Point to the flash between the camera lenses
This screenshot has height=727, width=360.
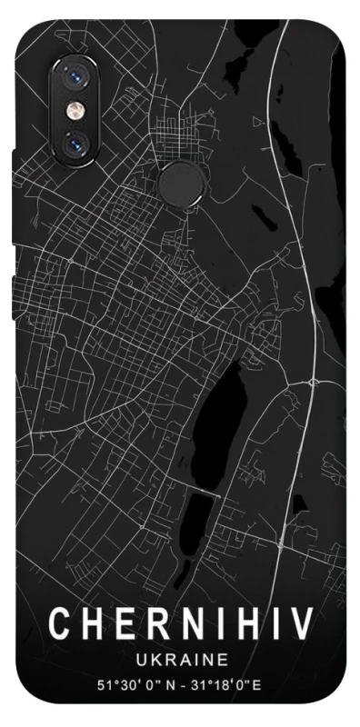[x=74, y=110]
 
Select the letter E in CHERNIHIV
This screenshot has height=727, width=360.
[x=122, y=625]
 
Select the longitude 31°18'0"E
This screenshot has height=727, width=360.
[x=227, y=682]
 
